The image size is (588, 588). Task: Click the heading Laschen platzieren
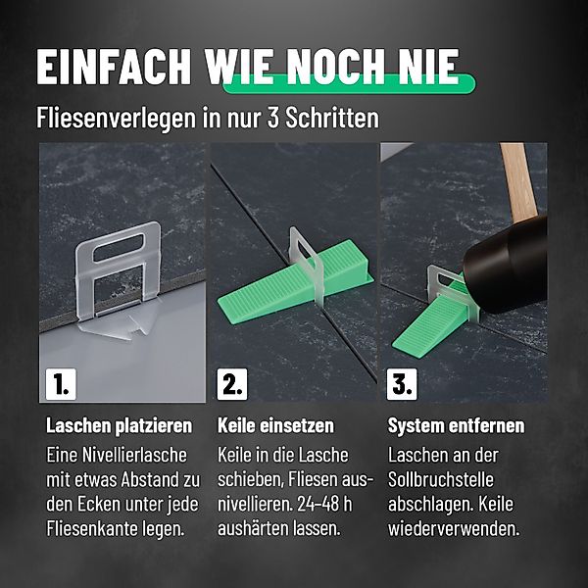click(119, 426)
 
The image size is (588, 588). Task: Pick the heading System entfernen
click(456, 426)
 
